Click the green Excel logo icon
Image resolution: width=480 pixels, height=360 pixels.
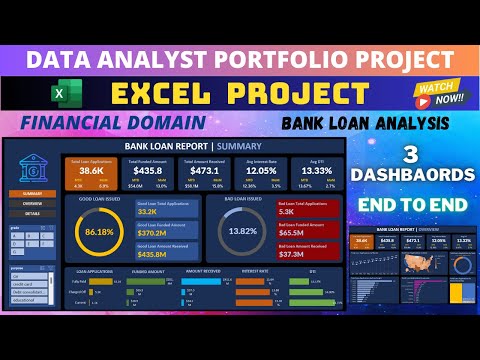coord(59,95)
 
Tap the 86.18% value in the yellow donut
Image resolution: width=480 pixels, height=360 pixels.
coord(100,231)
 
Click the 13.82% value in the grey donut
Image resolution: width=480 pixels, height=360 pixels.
coord(243,231)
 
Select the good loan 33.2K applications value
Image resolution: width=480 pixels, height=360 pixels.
coord(149,211)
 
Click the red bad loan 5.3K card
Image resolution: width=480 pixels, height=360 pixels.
coord(305,209)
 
